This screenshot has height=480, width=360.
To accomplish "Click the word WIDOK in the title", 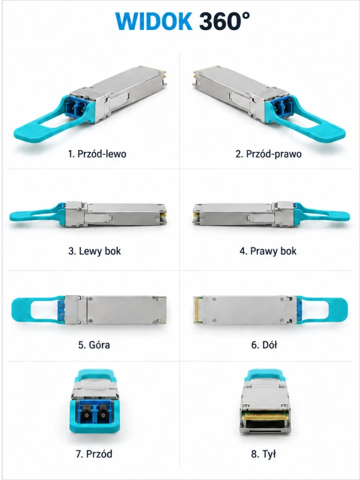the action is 154,22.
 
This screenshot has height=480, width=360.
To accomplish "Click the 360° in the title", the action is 224,21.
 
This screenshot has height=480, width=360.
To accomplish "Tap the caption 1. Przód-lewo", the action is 97,154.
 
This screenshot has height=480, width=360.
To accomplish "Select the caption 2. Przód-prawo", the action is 268,154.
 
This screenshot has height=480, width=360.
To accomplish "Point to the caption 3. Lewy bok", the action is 95,251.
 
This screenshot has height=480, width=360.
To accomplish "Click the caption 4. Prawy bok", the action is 268,251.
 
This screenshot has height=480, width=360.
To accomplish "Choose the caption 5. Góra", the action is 94,345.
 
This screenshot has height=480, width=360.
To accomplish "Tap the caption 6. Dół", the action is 264,345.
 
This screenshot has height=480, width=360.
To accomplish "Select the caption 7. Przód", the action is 94,454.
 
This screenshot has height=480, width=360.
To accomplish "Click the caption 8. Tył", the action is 263,454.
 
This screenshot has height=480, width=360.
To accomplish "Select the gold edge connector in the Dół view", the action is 198,310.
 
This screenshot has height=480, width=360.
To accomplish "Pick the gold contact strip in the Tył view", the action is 265,416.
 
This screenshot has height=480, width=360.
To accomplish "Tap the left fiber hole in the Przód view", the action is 87,415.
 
